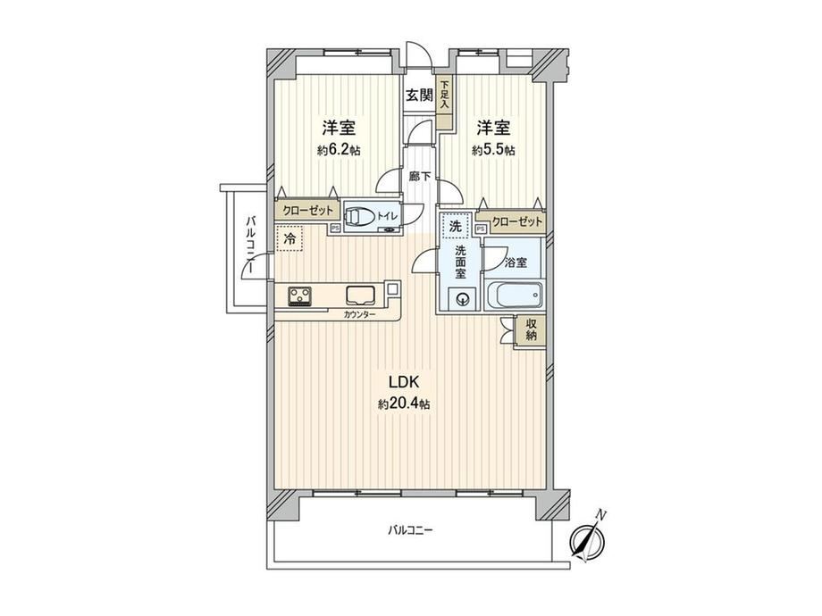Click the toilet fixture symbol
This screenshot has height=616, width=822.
[x=358, y=216]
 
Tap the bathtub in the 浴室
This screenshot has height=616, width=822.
[x=515, y=296]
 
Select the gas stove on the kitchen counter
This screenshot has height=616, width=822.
[x=300, y=296]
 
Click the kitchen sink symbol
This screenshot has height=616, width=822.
[x=360, y=295]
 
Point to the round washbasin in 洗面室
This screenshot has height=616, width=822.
[x=463, y=299]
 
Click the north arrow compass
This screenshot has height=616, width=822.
[x=588, y=538]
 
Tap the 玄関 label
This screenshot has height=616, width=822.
[x=420, y=96]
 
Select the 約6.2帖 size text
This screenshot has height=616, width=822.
[x=339, y=150]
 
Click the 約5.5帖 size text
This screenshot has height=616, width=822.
[x=493, y=150]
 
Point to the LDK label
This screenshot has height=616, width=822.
[x=404, y=382]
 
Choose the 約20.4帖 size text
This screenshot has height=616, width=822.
[x=404, y=404]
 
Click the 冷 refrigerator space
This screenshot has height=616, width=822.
[x=289, y=239]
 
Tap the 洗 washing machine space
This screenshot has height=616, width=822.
[x=456, y=227]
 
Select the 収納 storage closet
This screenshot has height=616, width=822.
[x=531, y=329]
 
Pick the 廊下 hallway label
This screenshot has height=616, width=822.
[x=420, y=176]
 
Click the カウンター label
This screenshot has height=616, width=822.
[x=359, y=315]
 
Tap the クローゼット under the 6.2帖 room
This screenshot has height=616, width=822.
[x=307, y=211]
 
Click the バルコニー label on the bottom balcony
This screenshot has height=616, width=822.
[x=410, y=530]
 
